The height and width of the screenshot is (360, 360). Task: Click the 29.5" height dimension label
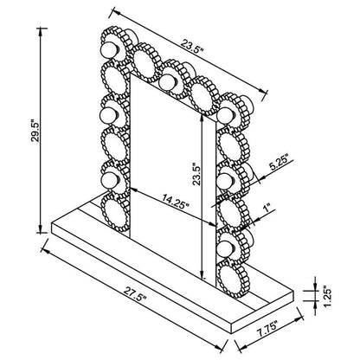coord(35,130)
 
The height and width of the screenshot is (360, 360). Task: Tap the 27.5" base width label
coord(135,293)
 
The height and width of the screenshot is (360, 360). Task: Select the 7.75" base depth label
coord(267,328)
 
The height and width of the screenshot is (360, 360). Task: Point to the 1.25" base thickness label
coord(326,297)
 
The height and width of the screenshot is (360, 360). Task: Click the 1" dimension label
coord(267,209)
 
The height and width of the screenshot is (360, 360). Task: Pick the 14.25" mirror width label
coord(176,201)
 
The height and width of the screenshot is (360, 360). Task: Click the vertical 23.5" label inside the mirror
coord(196,173)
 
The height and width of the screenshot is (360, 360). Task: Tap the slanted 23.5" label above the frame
coord(192,47)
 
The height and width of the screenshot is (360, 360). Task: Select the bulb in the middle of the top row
coord(168,81)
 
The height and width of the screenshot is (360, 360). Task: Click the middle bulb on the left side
coord(108,115)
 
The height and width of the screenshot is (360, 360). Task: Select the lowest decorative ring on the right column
coord(233,278)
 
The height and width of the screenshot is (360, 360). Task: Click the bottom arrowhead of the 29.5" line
coord(41,229)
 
